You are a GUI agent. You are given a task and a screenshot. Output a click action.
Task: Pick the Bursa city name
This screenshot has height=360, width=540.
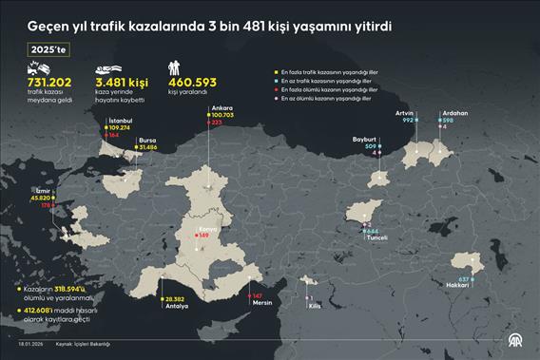(x=149, y=140)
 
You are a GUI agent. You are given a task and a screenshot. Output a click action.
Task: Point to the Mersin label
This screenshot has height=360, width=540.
(x=263, y=304)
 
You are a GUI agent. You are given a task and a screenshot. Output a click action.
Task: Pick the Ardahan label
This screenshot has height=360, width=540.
(x=453, y=113)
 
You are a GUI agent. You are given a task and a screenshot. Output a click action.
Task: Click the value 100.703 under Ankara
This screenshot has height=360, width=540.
(x=222, y=115)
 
